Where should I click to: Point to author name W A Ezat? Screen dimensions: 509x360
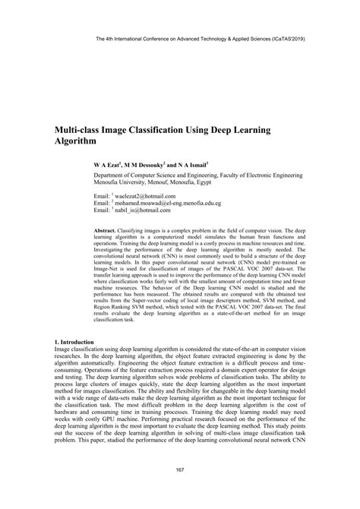[107, 164]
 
